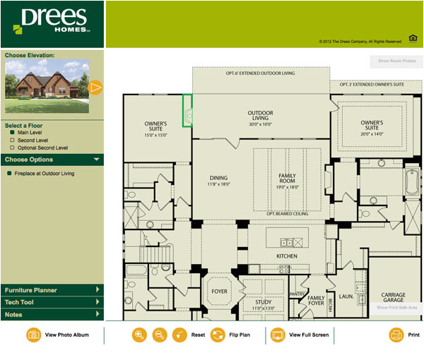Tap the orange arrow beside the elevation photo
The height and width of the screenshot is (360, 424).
tap(96, 88)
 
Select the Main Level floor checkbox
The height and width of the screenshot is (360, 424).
tap(12, 132)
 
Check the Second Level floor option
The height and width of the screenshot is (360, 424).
tap(12, 140)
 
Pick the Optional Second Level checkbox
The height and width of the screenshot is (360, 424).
tap(12, 148)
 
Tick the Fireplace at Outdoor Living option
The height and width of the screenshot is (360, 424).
tap(8, 173)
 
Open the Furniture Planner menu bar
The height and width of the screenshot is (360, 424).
tap(52, 289)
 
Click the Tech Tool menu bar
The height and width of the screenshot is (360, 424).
tap(52, 302)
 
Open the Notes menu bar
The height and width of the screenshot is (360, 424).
tap(52, 314)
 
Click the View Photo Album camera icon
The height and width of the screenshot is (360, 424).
tap(33, 335)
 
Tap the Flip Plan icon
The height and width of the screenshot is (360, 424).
tap(218, 335)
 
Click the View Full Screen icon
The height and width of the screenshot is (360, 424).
tap(278, 335)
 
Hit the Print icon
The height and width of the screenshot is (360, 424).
tap(396, 335)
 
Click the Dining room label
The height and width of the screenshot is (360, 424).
tap(219, 180)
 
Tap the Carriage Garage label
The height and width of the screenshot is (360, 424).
tap(394, 298)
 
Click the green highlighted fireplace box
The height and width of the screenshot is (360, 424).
tap(188, 111)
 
